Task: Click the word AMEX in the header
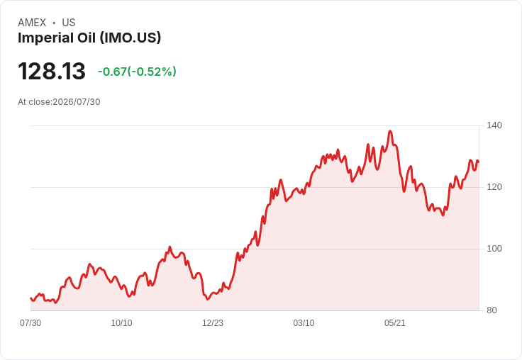pos(32,23)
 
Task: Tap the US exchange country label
pos(69,23)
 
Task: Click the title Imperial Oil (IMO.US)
pos(89,38)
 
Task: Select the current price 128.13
pos(52,71)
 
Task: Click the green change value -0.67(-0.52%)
pos(137,72)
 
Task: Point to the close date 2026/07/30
pos(76,102)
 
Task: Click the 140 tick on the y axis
pos(494,125)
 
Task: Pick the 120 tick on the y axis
pos(494,187)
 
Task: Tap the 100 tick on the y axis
pos(494,249)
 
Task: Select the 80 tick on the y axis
pos(492,310)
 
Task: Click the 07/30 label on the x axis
pos(30,323)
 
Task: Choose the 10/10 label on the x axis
pos(121,323)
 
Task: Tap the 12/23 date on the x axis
pos(213,323)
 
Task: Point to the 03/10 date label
pos(304,323)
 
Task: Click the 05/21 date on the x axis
pos(395,323)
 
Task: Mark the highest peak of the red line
pos(390,131)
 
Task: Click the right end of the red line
pos(479,162)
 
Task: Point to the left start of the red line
pos(30,298)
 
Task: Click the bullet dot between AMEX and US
pos(54,23)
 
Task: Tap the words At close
pos(34,102)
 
